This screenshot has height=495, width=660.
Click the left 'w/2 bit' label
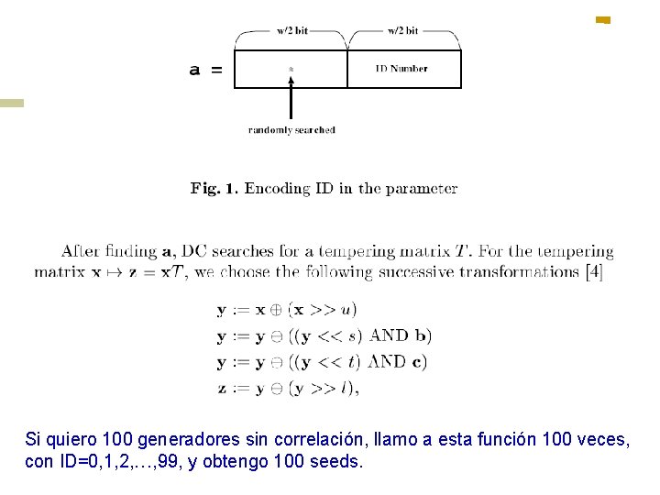[292, 30]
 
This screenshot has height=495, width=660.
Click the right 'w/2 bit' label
[402, 30]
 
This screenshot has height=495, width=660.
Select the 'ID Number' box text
[402, 68]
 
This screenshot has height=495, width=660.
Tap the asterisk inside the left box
[291, 69]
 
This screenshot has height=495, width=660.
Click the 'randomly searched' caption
[291, 130]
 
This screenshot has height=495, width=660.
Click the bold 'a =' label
[205, 70]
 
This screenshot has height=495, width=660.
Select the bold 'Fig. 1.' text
[214, 189]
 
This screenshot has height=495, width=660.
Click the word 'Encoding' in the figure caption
[278, 189]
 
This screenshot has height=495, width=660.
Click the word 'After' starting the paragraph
[81, 251]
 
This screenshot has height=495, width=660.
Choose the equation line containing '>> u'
[287, 311]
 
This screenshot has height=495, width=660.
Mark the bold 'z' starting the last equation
[222, 388]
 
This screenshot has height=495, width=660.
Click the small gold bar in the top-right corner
[602, 19]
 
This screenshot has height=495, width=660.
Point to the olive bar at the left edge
[12, 104]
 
